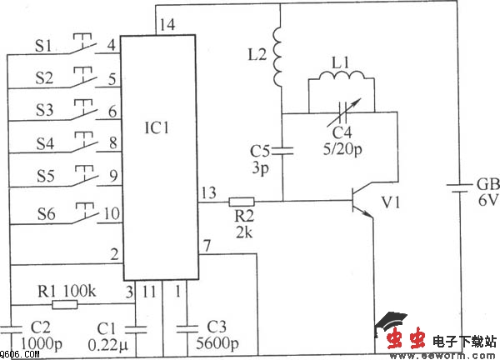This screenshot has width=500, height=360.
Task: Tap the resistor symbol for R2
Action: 242,201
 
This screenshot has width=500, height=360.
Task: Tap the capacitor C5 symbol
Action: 281,151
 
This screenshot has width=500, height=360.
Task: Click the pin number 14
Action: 167,25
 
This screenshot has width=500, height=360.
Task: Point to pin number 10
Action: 109,214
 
